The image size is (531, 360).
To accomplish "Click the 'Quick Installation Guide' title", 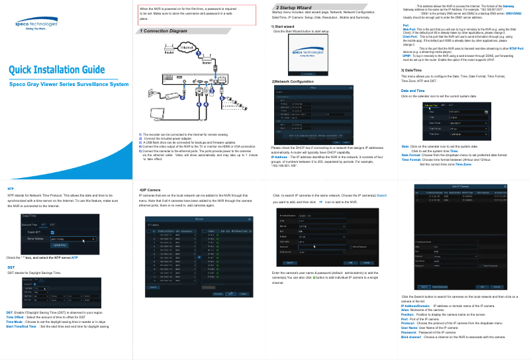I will (56, 70).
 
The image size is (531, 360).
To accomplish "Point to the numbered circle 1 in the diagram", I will (198, 53).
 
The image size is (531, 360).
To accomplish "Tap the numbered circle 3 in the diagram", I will (211, 91).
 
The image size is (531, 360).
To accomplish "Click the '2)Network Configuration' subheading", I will (293, 81).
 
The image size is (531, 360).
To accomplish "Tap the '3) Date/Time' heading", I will (412, 69).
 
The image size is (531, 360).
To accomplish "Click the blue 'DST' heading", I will (11, 267).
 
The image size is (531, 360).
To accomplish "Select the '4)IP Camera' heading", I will (151, 189).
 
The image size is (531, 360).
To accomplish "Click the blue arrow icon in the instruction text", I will (320, 201).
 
